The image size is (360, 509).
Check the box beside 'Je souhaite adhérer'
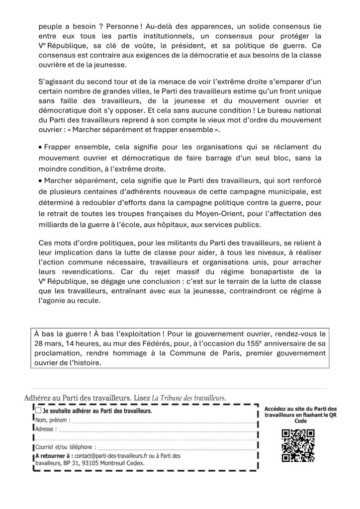pyautogui.click(x=38, y=411)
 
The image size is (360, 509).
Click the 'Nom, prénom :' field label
pyautogui.click(x=53, y=420)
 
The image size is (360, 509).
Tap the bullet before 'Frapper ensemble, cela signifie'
pyautogui.click(x=40, y=148)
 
